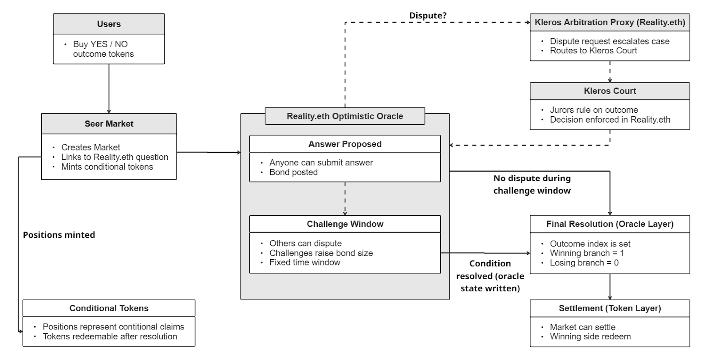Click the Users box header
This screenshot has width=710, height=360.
click(x=109, y=24)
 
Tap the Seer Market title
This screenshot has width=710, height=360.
click(x=109, y=124)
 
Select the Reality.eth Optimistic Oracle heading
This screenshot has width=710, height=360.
click(x=345, y=116)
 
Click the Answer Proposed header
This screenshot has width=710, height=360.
click(x=345, y=144)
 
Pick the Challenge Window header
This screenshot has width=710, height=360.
click(x=345, y=224)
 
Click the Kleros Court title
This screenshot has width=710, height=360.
click(x=610, y=91)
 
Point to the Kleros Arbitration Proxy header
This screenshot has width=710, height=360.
click(x=610, y=22)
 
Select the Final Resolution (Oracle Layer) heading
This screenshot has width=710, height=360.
click(x=610, y=224)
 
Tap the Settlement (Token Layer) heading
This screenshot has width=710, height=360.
click(x=610, y=308)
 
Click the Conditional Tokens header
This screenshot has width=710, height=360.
click(x=109, y=308)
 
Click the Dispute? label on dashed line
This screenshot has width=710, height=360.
click(x=428, y=16)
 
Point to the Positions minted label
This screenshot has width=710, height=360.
click(x=59, y=235)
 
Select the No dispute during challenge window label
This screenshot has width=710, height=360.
click(x=532, y=184)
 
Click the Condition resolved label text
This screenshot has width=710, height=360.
click(x=490, y=276)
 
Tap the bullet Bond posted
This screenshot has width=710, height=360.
click(x=293, y=172)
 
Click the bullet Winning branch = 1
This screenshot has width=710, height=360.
click(x=587, y=253)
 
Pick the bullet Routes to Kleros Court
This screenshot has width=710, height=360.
click(x=593, y=51)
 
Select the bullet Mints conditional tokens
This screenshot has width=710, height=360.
click(x=107, y=167)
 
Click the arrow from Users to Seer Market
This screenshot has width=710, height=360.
click(x=109, y=89)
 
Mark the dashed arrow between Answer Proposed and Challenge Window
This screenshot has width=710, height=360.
click(x=345, y=198)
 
